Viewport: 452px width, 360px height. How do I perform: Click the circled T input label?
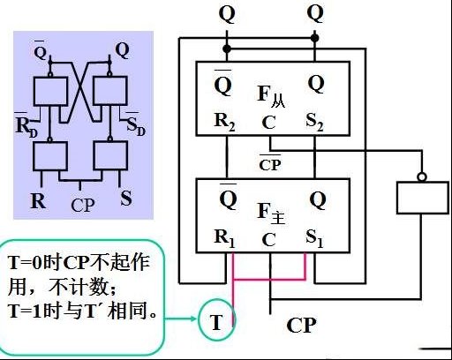216,322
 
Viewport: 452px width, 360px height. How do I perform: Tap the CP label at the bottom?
301,326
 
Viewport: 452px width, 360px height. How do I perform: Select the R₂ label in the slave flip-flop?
224,122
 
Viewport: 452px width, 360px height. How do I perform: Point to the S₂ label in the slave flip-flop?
314,122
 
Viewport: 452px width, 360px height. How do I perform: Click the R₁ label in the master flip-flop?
224,238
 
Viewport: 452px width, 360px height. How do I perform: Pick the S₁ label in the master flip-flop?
314,238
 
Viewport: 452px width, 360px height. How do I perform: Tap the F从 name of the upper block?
271,96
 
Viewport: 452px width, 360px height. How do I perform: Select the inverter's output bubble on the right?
422,177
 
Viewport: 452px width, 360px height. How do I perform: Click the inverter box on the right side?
423,198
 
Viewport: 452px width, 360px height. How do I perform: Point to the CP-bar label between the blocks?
270,162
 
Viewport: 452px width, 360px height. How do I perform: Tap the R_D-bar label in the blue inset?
26,125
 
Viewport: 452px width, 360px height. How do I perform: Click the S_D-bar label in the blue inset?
135,124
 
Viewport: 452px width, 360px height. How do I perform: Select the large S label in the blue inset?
126,198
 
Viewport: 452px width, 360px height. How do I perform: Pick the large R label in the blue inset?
38,201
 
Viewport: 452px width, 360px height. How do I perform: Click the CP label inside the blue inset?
83,205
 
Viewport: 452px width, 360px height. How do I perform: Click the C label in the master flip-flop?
268,239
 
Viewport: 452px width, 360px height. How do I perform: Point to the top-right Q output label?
315,14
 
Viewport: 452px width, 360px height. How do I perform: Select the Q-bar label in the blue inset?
41,50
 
